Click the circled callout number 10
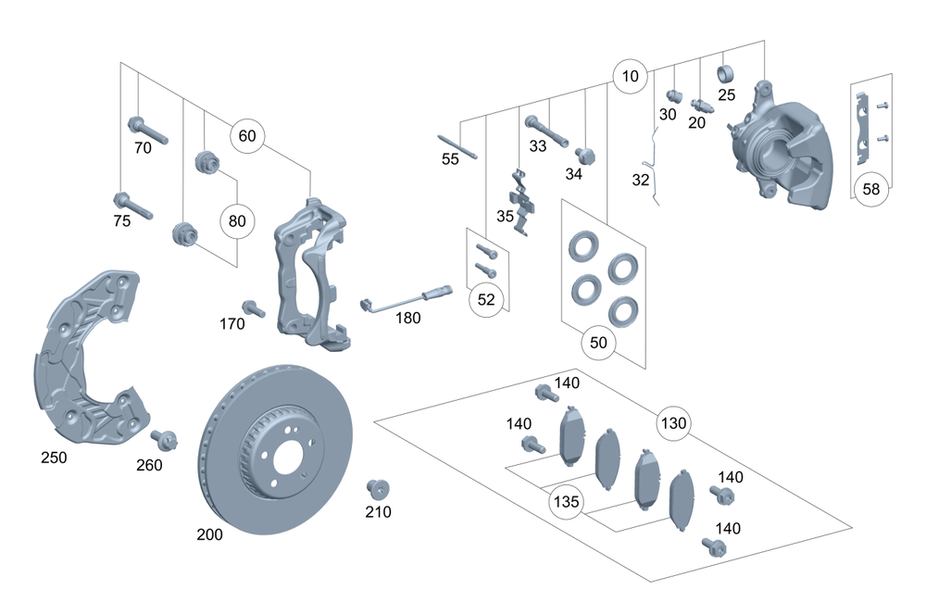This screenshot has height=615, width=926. click(x=631, y=77)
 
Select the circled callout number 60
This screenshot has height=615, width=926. click(x=247, y=136)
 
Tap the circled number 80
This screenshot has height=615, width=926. click(x=237, y=221)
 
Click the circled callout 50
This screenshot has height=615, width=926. click(x=598, y=343)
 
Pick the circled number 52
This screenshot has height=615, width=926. click(x=486, y=299)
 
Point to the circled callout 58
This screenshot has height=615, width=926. click(x=870, y=189)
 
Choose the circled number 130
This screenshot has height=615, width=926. click(x=674, y=424)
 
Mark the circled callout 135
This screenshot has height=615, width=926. click(x=566, y=502)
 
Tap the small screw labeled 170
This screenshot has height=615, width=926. click(x=253, y=308)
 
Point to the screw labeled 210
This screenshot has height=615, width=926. click(x=376, y=488)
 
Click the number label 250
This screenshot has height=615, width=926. click(x=54, y=457)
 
